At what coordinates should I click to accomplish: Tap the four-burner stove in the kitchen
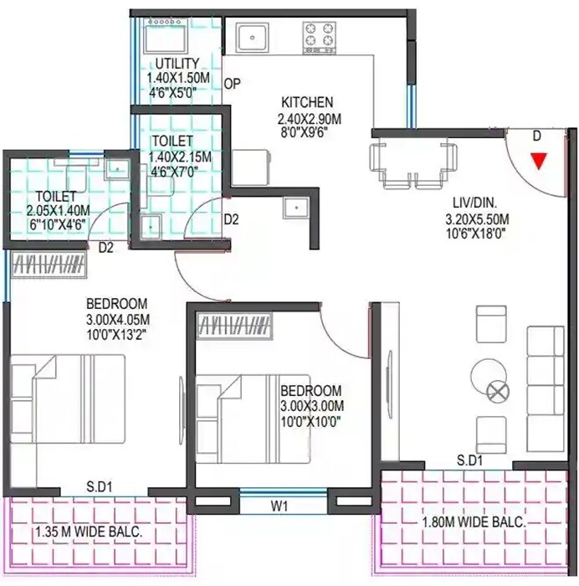[320, 36]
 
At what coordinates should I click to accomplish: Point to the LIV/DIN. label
[478, 204]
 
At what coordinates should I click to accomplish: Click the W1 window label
[280, 506]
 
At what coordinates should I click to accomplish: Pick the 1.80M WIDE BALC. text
[473, 522]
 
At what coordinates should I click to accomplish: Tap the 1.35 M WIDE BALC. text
[88, 532]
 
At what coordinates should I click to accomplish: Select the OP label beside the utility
[233, 83]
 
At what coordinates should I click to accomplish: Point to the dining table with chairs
[412, 161]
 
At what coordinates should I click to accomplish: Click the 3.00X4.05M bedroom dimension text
[116, 318]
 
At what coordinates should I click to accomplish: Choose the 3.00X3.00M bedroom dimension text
[311, 406]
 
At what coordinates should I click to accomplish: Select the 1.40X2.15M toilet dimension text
[179, 157]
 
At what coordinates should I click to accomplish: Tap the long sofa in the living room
[544, 380]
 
